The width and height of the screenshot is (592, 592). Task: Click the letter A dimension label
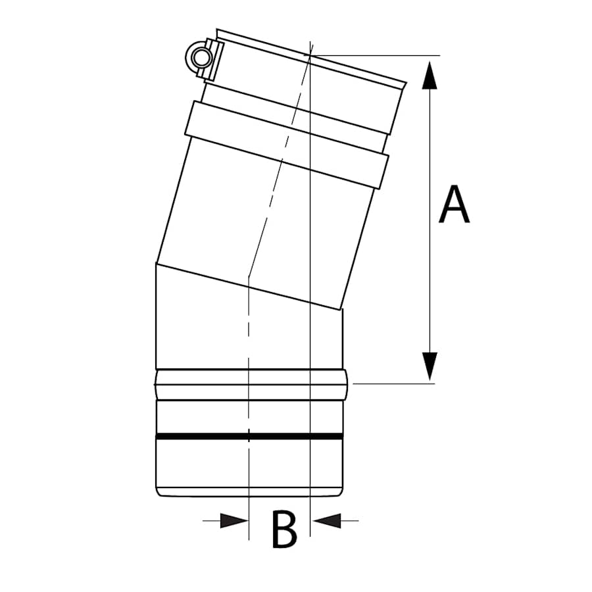(x=455, y=205)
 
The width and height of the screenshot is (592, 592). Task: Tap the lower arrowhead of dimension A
(x=430, y=365)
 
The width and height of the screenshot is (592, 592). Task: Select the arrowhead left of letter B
(x=234, y=521)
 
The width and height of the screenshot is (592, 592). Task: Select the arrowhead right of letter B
(x=327, y=521)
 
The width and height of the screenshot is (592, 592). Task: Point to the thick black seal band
(x=250, y=436)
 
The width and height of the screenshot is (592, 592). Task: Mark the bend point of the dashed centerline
(x=249, y=285)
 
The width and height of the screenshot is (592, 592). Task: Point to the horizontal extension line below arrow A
(x=395, y=383)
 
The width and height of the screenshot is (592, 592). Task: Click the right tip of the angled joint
(x=341, y=309)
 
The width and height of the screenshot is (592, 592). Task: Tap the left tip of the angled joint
(x=156, y=264)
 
